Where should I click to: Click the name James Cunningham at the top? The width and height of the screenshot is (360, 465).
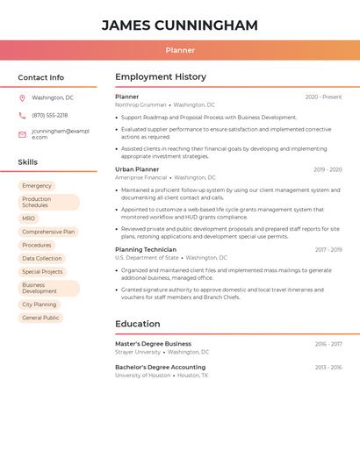pyautogui.click(x=180, y=25)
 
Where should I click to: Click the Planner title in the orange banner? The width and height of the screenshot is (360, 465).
pyautogui.click(x=180, y=50)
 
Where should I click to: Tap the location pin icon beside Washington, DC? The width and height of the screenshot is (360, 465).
pyautogui.click(x=22, y=97)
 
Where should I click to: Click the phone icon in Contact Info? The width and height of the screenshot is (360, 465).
pyautogui.click(x=22, y=115)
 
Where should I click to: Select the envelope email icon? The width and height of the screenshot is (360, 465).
pyautogui.click(x=22, y=134)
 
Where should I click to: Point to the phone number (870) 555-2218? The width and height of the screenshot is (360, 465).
pyautogui.click(x=49, y=115)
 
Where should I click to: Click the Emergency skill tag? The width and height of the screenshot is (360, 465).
pyautogui.click(x=37, y=186)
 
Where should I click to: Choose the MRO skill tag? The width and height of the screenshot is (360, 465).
pyautogui.click(x=29, y=218)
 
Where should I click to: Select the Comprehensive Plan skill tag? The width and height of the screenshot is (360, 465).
pyautogui.click(x=48, y=232)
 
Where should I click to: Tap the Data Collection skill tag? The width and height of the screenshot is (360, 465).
pyautogui.click(x=42, y=258)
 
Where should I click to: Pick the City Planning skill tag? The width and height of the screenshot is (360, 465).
pyautogui.click(x=39, y=304)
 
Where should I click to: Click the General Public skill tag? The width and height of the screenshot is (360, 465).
pyautogui.click(x=40, y=318)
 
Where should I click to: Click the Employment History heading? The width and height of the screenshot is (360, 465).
pyautogui.click(x=161, y=77)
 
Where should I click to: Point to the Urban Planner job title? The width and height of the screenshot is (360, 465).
pyautogui.click(x=137, y=169)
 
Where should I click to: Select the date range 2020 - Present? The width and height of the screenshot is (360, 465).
pyautogui.click(x=323, y=97)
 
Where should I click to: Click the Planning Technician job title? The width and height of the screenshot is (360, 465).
pyautogui.click(x=146, y=249)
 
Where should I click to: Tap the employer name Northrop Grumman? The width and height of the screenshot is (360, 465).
pyautogui.click(x=140, y=104)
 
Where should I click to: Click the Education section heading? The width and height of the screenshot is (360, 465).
pyautogui.click(x=137, y=324)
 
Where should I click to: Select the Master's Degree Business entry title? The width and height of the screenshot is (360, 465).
pyautogui.click(x=153, y=344)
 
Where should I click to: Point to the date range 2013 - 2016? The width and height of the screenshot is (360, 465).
pyautogui.click(x=328, y=368)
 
